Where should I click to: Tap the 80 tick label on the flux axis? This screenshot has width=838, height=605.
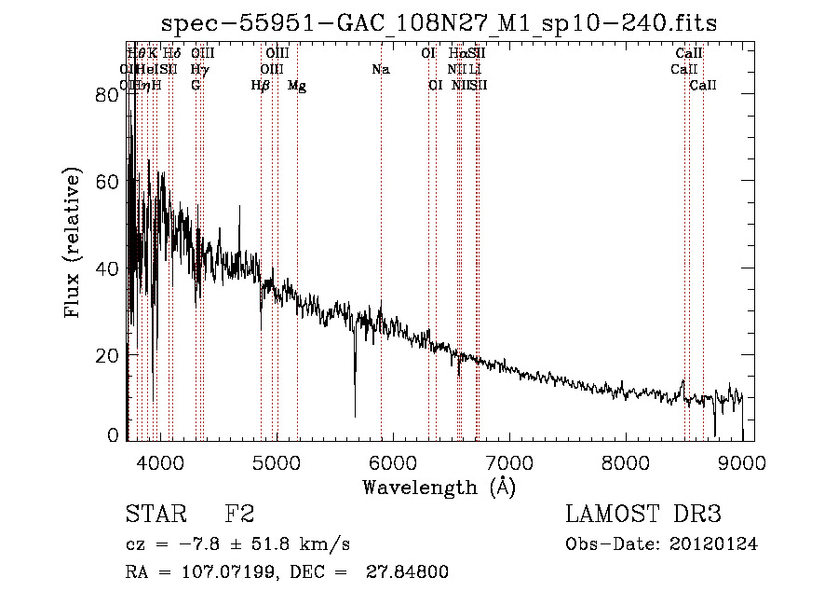[108, 95]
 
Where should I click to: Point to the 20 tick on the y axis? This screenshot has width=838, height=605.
[108, 355]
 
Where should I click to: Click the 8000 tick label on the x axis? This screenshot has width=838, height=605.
[625, 461]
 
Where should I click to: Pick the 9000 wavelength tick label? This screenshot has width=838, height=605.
[742, 461]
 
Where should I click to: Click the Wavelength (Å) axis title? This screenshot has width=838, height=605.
[439, 487]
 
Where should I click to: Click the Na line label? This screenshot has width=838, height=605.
[380, 70]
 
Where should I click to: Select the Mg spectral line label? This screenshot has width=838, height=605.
[297, 86]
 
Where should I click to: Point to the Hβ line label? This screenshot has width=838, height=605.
[261, 86]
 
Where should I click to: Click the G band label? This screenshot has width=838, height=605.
[196, 86]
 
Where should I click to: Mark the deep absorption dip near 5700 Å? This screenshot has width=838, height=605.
[354, 410]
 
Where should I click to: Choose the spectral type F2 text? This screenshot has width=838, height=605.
[239, 515]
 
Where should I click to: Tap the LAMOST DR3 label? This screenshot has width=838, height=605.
[643, 515]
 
